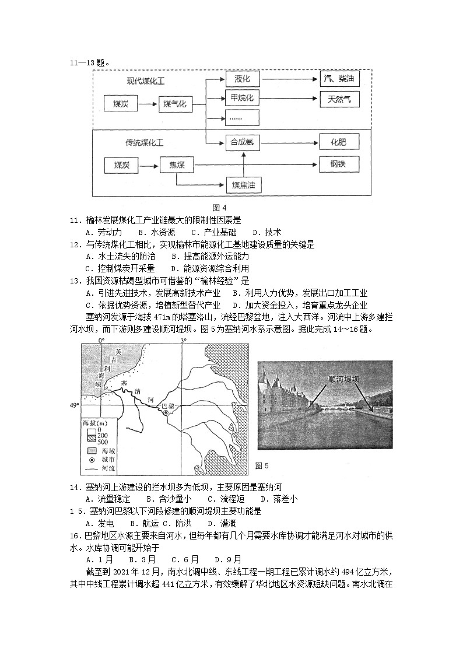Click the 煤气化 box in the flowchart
(175, 104)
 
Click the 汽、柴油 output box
(339, 79)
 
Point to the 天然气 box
(339, 99)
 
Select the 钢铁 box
(339, 164)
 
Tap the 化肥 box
(339, 141)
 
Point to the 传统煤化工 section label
(144, 142)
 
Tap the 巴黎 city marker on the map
(166, 412)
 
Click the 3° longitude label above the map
(183, 339)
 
